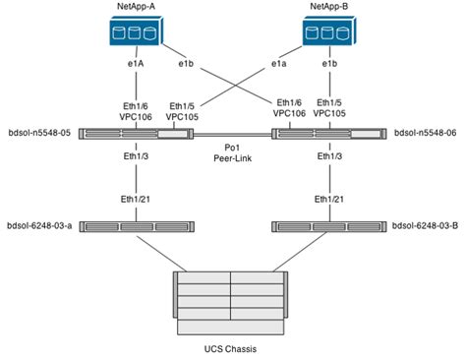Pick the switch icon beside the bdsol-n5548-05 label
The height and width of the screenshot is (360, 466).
click(x=138, y=132)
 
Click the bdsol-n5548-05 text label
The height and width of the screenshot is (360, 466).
click(x=38, y=132)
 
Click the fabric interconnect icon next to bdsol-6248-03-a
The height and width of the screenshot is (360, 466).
click(x=138, y=225)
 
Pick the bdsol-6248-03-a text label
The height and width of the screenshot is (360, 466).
click(x=38, y=225)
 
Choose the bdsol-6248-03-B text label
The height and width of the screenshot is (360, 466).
click(x=425, y=225)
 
